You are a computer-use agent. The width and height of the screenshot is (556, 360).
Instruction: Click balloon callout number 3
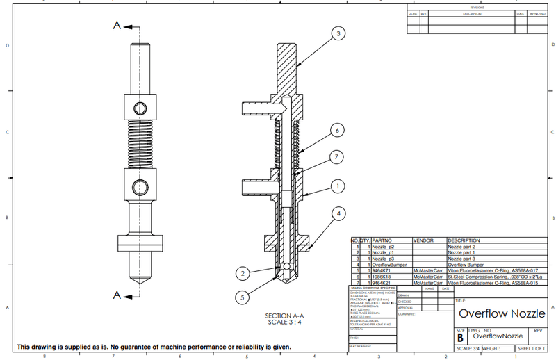pyautogui.click(x=337, y=33)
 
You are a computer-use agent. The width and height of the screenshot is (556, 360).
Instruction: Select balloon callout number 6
pyautogui.click(x=336, y=130)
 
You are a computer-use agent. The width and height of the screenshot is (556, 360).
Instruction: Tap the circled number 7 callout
pyautogui.click(x=336, y=158)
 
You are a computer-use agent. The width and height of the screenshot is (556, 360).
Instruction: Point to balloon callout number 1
pyautogui.click(x=337, y=186)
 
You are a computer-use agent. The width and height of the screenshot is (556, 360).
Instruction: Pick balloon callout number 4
pyautogui.click(x=337, y=213)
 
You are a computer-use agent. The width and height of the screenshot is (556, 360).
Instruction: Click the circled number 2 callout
pyautogui.click(x=241, y=272)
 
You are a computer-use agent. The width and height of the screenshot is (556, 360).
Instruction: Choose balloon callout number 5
pyautogui.click(x=242, y=297)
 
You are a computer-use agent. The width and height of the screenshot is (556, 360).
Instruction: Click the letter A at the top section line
pyautogui.click(x=117, y=25)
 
